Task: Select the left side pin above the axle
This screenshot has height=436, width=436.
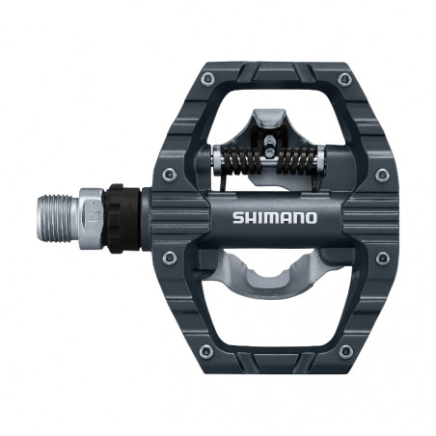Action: tap(171, 174)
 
